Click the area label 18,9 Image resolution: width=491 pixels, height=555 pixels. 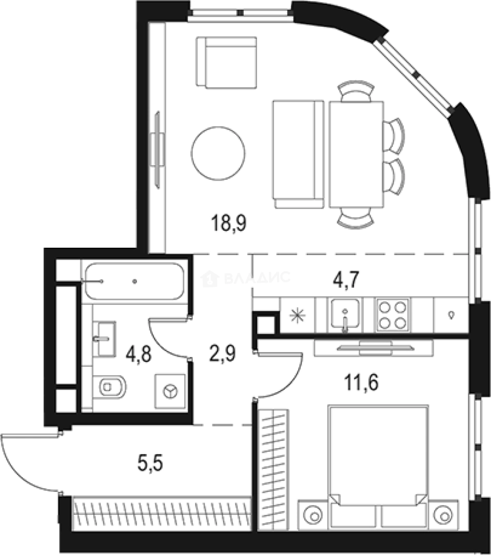click(228, 225)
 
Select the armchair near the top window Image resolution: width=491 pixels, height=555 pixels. click(226, 62)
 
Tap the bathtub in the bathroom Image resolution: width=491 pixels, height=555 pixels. click(133, 281)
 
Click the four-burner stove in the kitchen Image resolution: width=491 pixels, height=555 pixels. click(392, 314)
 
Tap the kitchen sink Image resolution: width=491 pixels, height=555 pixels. click(345, 314)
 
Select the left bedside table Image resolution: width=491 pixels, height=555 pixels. click(313, 514)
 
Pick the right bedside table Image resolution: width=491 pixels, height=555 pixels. click(442, 514)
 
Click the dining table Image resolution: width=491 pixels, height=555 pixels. click(356, 154)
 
